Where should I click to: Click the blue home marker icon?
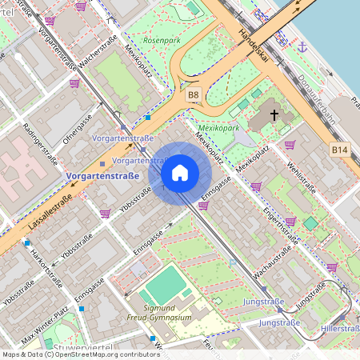180,173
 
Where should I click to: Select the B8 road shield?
193,95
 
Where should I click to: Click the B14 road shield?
340,150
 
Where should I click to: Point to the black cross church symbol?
274,115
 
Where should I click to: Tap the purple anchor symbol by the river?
302,47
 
